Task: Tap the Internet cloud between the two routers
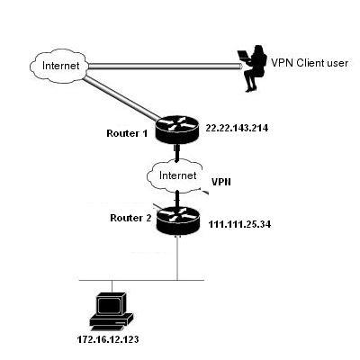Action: (x=175, y=176)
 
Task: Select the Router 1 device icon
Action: (x=177, y=131)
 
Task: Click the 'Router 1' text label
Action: (x=127, y=133)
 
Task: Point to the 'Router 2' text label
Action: (x=130, y=218)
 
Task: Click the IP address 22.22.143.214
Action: (x=237, y=128)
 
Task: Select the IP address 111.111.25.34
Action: (x=239, y=224)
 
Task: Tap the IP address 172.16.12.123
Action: (x=108, y=339)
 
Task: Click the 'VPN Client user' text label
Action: (x=310, y=63)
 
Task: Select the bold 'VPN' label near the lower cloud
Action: (x=221, y=182)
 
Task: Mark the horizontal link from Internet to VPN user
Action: (x=165, y=66)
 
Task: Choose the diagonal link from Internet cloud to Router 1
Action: (x=123, y=98)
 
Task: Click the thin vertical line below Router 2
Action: (x=177, y=258)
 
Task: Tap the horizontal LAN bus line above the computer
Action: (x=141, y=280)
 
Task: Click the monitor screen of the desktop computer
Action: (x=109, y=305)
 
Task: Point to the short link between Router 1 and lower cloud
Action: (x=177, y=154)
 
